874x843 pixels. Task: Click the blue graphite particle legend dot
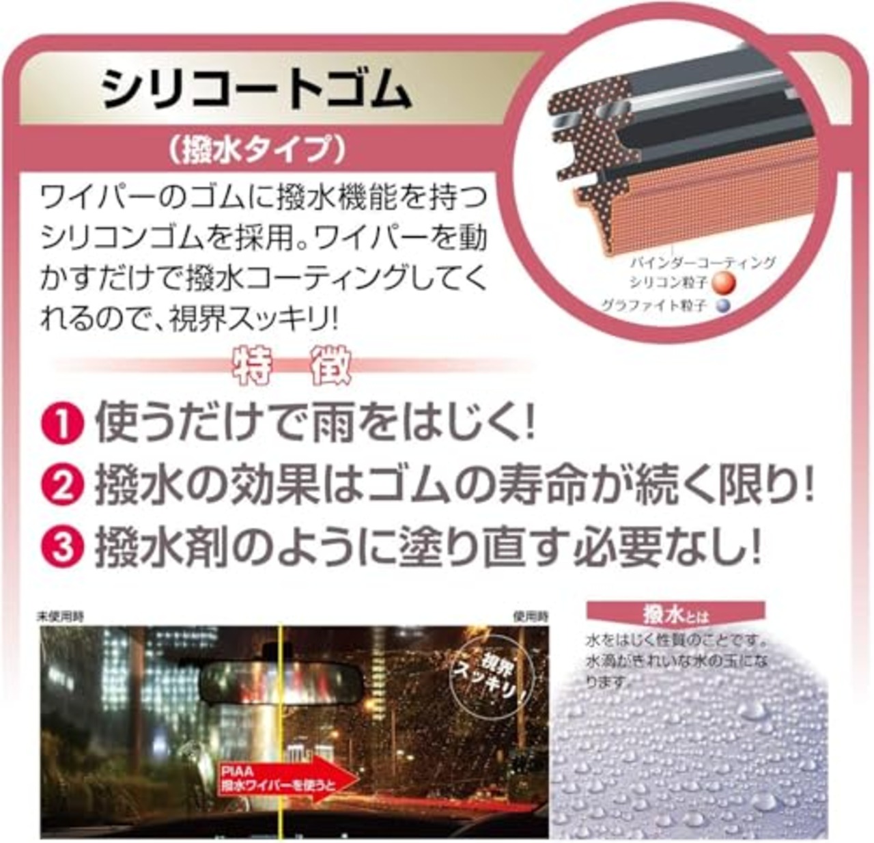(x=719, y=305)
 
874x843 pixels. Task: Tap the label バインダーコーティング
(x=701, y=262)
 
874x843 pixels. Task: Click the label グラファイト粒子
(x=653, y=305)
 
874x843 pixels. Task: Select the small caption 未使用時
(x=60, y=616)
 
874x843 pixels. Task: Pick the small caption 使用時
(x=531, y=616)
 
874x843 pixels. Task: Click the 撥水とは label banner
(x=675, y=614)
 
